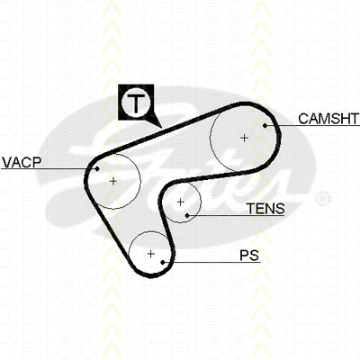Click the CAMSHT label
pos(328,119)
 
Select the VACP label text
pos(22,162)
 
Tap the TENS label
pos(265,209)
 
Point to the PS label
pos(249,256)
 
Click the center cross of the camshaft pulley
pos(245,138)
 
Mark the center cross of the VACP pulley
pos(113,181)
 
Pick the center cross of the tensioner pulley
pos(180,202)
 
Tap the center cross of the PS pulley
pos(151,254)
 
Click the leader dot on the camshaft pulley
pos(265,125)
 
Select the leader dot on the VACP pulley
pos(97,169)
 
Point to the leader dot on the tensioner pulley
pos(187,215)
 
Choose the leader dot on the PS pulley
pos(163,263)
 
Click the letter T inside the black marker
pos(136,103)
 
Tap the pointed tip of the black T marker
pos(161,128)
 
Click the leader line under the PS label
pos(211,263)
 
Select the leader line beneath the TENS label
pos(236,215)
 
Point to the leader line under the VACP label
pos(49,169)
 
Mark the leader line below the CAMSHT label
pos(312,125)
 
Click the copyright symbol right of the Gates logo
pos(323,199)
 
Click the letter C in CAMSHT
pos(303,119)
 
